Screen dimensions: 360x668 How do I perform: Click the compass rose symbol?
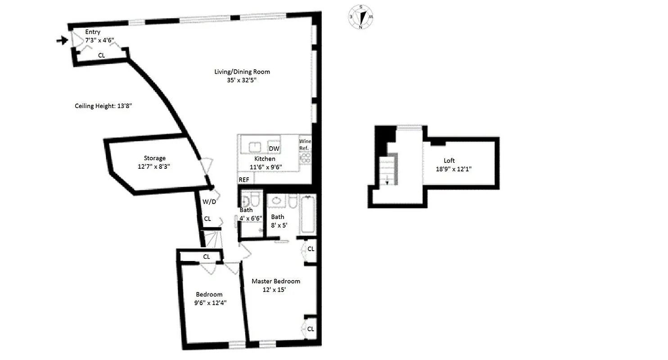(361, 17)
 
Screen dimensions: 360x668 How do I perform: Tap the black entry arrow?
(62, 40)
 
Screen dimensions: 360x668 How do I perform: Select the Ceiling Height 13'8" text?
(103, 106)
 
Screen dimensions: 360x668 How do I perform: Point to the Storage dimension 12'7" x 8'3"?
(154, 166)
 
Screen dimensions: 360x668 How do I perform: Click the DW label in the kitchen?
(274, 149)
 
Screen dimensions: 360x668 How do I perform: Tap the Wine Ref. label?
(305, 144)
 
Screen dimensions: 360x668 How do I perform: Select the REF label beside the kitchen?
(244, 180)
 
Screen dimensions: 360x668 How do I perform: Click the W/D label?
(209, 202)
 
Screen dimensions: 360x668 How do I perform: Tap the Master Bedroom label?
(275, 281)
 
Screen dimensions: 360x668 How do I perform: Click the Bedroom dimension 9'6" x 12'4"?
(210, 303)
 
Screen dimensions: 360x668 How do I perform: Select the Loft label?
(449, 160)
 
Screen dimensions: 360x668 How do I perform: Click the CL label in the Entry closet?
(102, 55)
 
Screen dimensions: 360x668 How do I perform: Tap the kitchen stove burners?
(305, 158)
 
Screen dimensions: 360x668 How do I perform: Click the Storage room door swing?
(205, 166)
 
